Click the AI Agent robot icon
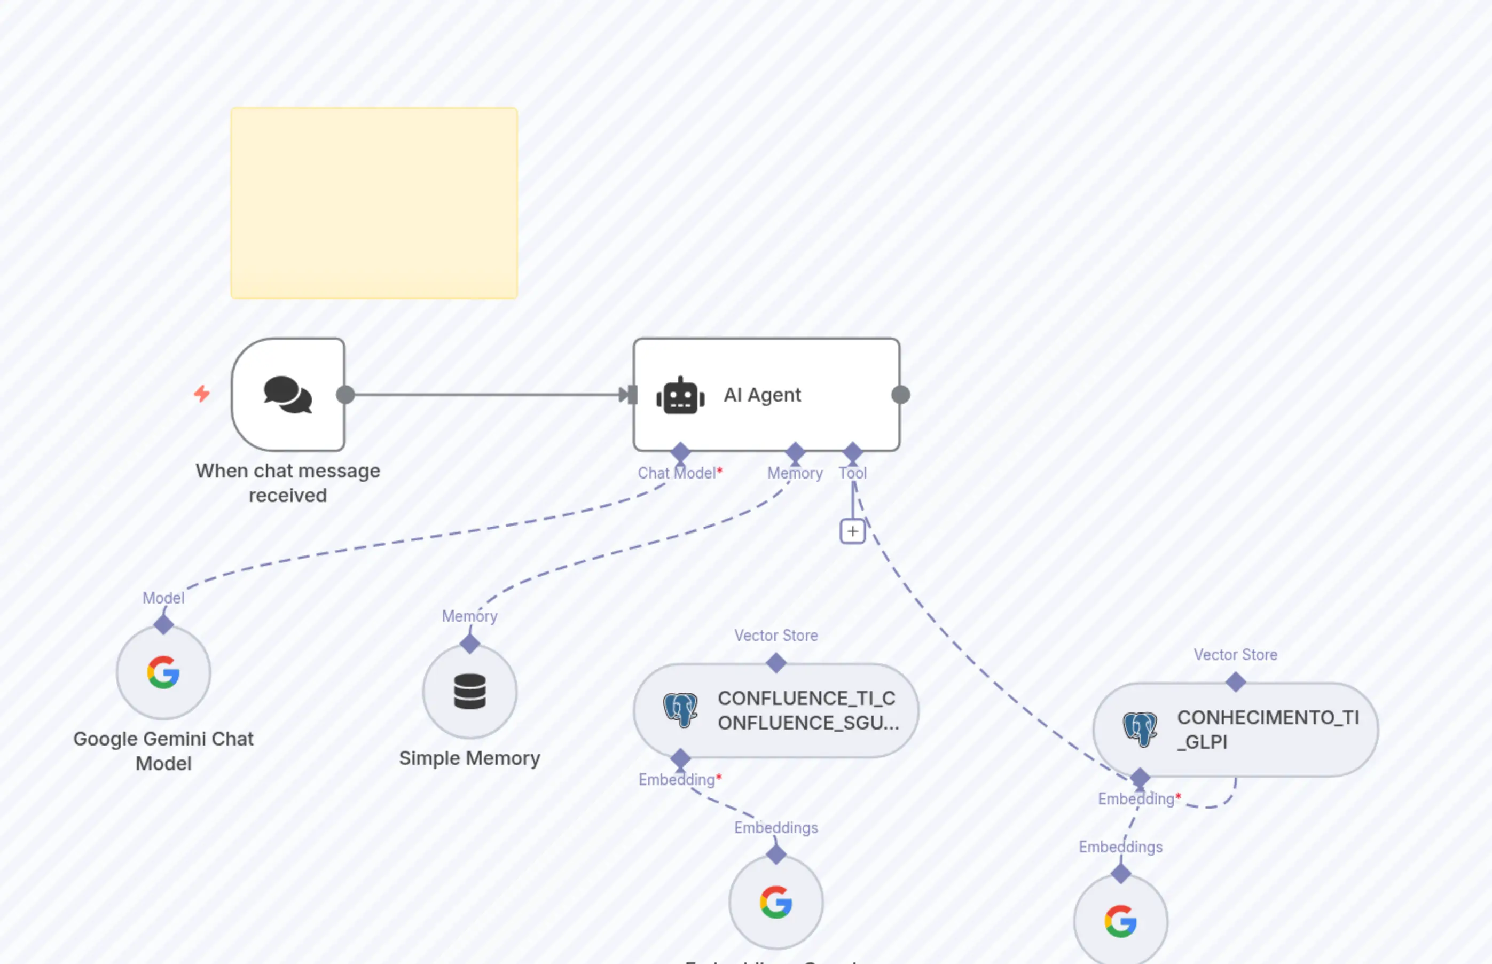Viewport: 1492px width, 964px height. [680, 396]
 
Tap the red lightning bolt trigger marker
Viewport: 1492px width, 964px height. [201, 394]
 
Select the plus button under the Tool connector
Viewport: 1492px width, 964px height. [852, 531]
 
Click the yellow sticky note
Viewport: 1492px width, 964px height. [374, 203]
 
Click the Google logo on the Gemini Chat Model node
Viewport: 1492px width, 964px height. [163, 672]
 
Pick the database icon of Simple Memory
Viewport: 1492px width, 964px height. [469, 692]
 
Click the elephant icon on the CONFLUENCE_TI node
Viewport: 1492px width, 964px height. [680, 710]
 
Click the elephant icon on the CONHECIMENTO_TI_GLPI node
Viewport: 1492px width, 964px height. [1140, 729]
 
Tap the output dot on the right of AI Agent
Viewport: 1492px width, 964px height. [900, 395]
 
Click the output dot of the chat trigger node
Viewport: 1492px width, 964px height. [345, 395]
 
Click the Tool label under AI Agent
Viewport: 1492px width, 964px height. [852, 473]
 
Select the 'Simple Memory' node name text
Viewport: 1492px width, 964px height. [469, 758]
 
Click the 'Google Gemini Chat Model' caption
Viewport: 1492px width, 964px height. [163, 751]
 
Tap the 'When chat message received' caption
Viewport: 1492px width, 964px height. [288, 483]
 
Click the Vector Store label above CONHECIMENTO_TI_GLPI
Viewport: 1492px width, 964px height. [1235, 655]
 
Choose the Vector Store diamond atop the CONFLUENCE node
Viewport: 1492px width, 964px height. [776, 663]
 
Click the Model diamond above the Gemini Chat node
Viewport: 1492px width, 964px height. [163, 624]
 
